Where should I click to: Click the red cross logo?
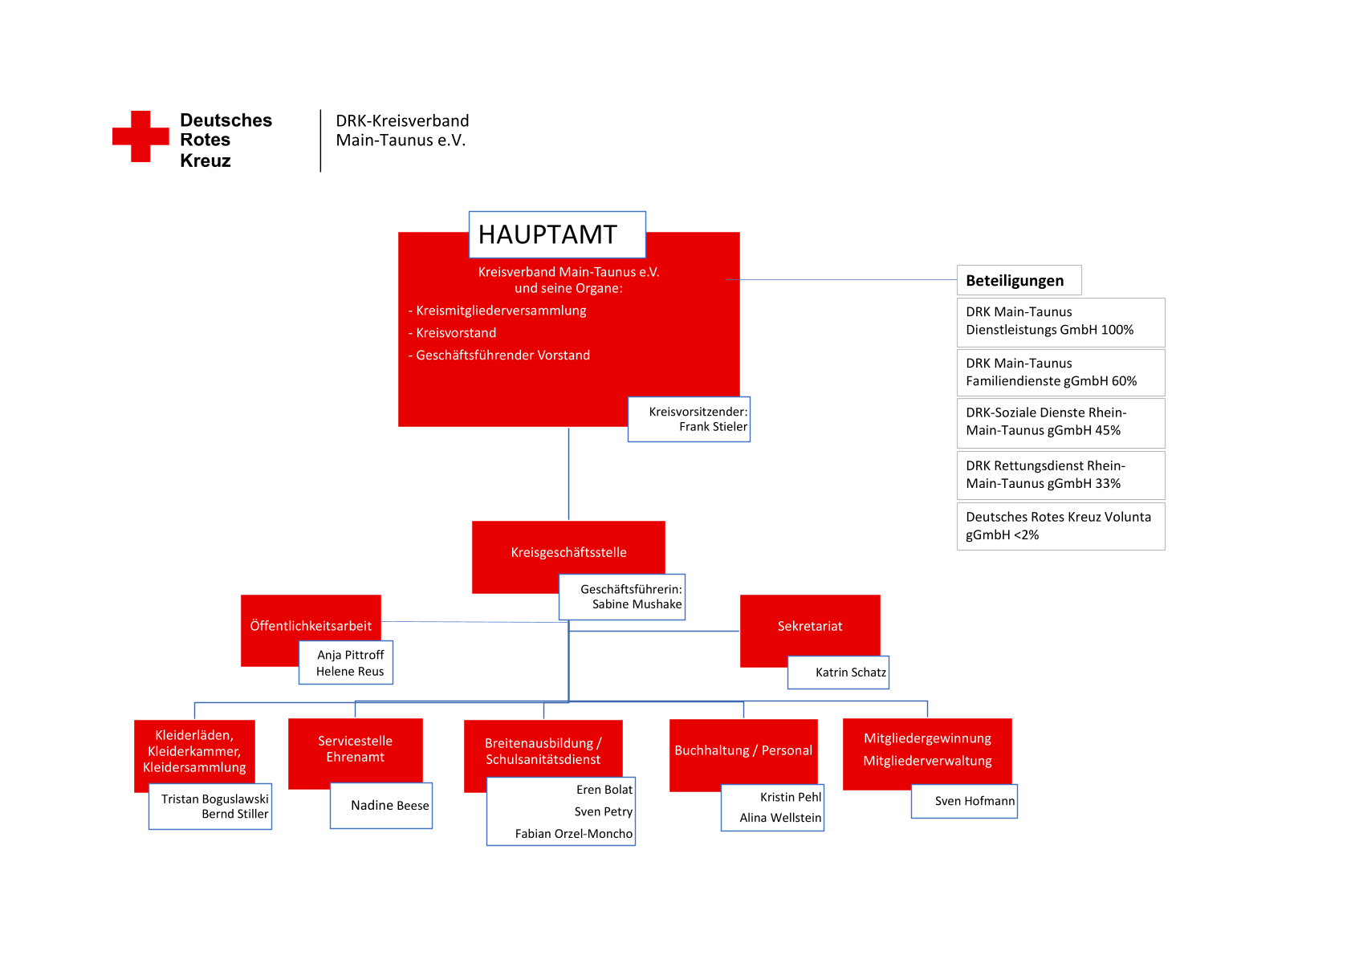coord(140,136)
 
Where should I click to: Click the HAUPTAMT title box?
coord(557,234)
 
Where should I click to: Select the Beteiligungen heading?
coord(1015,280)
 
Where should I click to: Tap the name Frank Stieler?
coord(713,427)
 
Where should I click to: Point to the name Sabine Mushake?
coord(637,604)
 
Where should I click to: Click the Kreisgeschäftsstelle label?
coord(569,552)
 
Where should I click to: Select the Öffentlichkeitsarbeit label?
coord(311,626)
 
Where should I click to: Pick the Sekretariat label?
coord(810,626)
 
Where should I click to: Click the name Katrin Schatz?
coord(851,673)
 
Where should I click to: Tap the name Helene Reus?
coord(350,671)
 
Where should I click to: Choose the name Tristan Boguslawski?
coord(214,799)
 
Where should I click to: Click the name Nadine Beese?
coord(390,806)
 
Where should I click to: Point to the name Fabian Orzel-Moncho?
coord(574,834)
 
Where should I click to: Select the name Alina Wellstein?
coord(780,818)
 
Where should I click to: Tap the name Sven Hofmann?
coord(975,801)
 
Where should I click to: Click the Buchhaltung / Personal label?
coord(743,750)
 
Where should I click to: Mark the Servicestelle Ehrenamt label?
coord(356,749)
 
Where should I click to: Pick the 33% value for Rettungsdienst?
coord(1108,484)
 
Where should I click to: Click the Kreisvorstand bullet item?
coord(453,333)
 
